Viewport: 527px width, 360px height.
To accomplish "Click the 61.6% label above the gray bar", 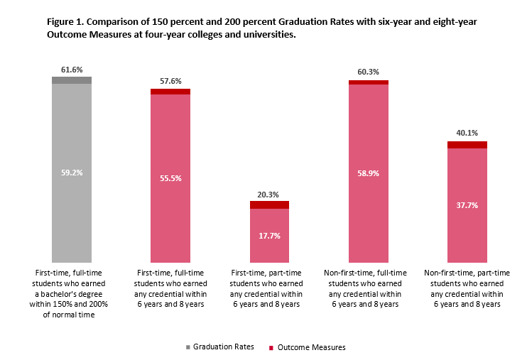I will [72, 70].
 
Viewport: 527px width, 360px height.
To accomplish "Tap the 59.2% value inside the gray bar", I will [72, 172].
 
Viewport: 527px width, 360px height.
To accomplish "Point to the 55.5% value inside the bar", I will [170, 178].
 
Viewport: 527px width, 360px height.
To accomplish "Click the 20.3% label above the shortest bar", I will [269, 194].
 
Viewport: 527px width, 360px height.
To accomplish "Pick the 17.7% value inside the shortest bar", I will [269, 236].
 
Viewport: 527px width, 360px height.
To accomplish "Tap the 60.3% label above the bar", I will [368, 72].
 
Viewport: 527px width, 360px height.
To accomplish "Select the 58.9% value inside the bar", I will [368, 173].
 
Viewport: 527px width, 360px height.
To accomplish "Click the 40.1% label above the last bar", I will [467, 133].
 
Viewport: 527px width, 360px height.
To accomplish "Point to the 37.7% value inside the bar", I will [467, 206].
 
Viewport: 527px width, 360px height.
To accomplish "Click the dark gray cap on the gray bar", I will [72, 80].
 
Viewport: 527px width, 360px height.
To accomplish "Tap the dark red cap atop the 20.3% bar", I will [269, 204].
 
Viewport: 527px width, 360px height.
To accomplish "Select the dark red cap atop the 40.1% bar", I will [467, 145].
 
